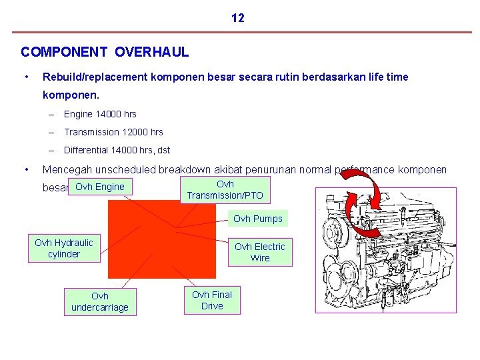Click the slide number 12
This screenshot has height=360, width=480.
point(238,18)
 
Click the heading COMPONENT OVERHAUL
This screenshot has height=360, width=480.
point(105,51)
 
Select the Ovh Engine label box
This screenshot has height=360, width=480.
point(100,187)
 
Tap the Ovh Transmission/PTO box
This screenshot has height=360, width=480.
point(225,189)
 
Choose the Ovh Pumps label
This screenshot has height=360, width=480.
point(257,219)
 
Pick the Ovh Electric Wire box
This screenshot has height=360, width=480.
point(259,252)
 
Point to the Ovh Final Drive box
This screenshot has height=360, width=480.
point(212,300)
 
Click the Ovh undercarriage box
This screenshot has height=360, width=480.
point(100,301)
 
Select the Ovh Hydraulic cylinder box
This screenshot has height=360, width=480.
point(64,248)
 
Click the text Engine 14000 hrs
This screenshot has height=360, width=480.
point(100,114)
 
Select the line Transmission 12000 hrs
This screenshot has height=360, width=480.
point(113,132)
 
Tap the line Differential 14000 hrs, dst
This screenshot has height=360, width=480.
point(117,150)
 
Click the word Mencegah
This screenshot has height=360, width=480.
point(69,169)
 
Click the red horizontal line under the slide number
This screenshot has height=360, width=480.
point(240,32)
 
